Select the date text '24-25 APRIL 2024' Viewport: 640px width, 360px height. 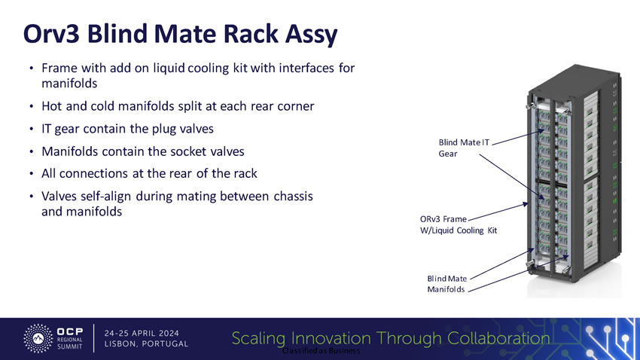[147, 331]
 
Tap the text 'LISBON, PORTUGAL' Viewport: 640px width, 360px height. [147, 344]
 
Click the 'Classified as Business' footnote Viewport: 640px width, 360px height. [321, 352]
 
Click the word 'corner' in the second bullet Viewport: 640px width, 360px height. [291, 106]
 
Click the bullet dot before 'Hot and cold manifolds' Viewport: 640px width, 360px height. [31, 107]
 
